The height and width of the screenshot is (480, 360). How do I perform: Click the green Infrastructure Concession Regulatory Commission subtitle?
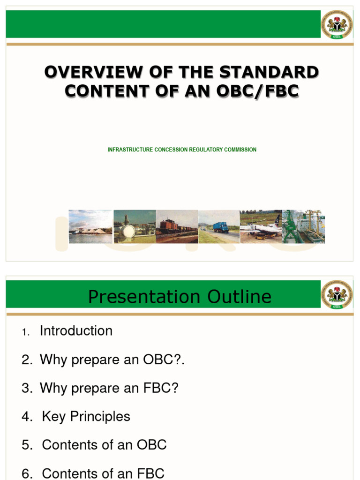pyautogui.click(x=182, y=150)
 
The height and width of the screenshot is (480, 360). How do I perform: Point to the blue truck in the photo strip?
pyautogui.click(x=220, y=228)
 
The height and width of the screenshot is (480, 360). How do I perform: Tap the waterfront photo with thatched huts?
pyautogui.click(x=90, y=227)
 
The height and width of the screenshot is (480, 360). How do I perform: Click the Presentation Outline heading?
pyautogui.click(x=180, y=297)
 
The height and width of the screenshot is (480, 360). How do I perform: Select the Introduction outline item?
pyautogui.click(x=76, y=331)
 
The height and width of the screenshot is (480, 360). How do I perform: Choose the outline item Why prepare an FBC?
pyautogui.click(x=109, y=388)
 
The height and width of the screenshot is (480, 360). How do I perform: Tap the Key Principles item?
pyautogui.click(x=86, y=416)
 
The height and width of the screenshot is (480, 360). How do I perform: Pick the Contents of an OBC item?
pyautogui.click(x=104, y=445)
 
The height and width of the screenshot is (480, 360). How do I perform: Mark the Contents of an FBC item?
pyautogui.click(x=103, y=473)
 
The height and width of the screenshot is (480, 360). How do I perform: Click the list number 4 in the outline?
pyautogui.click(x=26, y=417)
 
